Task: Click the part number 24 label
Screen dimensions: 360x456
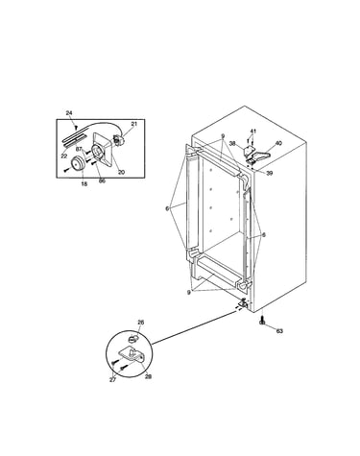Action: click(69, 112)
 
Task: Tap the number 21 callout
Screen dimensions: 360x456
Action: click(133, 124)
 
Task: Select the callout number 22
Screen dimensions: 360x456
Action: click(64, 156)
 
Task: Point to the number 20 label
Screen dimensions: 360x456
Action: click(121, 172)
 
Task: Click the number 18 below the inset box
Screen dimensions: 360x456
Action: click(84, 184)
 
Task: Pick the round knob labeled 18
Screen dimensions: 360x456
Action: click(78, 163)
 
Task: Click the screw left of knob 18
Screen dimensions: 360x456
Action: click(66, 170)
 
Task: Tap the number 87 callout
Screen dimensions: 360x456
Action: click(79, 149)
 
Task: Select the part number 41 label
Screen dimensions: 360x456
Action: click(253, 131)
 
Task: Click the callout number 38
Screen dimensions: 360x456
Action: click(232, 144)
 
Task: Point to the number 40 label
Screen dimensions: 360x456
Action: click(278, 143)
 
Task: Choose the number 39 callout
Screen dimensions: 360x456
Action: click(270, 173)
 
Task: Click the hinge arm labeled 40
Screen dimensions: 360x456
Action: click(259, 156)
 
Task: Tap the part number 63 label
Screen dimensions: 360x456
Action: click(279, 331)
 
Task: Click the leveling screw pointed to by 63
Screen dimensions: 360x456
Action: click(262, 321)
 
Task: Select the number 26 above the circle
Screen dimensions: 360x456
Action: click(141, 323)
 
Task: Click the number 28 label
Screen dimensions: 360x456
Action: click(148, 376)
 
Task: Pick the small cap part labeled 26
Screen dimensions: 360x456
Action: click(132, 338)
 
